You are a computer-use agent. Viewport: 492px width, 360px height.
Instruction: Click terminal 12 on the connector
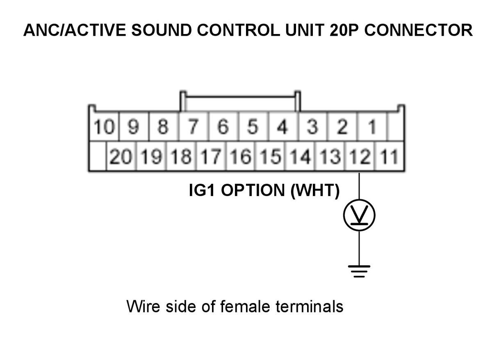coord(360,156)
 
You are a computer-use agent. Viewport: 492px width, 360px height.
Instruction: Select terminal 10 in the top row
coord(104,127)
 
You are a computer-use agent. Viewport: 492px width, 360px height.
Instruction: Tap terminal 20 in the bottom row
coord(121,156)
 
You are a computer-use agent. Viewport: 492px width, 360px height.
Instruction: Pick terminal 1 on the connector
coord(371,127)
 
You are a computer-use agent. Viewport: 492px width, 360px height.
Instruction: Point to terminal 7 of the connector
coord(194,127)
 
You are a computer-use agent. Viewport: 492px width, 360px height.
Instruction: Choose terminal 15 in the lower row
coord(270,156)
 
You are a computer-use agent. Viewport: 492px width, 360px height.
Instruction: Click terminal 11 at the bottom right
coord(389,156)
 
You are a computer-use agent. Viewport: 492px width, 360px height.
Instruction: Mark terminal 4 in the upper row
coord(282,127)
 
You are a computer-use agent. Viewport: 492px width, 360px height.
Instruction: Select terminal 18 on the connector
coord(181,156)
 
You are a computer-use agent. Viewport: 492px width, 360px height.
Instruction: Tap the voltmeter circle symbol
coord(359,215)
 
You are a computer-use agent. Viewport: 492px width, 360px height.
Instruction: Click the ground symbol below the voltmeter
coord(359,271)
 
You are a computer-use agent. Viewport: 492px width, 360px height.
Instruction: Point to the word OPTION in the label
coord(253,190)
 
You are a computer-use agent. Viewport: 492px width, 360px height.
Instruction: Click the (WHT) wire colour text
coord(315,191)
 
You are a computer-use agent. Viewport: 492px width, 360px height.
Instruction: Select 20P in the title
coord(344,30)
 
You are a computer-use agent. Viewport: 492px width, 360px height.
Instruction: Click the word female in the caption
coord(245,306)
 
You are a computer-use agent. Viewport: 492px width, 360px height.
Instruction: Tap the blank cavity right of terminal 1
coord(396,127)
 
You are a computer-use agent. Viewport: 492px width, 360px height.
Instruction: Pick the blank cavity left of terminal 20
coord(98,156)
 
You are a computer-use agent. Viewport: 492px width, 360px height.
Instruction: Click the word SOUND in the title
coord(162,30)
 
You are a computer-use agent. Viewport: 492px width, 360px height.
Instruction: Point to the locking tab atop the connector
coord(240,96)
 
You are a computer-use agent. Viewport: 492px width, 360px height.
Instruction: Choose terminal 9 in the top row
coord(134,127)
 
